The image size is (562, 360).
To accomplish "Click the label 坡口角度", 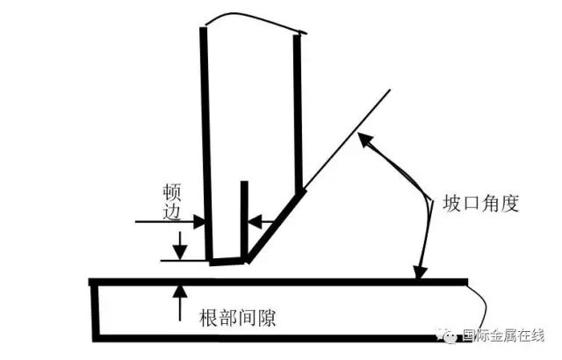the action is point(481,204).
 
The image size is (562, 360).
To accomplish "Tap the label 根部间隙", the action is point(237,317).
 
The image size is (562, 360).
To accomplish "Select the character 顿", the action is point(172,192).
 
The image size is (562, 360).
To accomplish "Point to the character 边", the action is point(172,211).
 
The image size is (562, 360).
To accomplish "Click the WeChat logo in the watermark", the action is point(447,335).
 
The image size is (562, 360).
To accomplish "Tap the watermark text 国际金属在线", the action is point(503,335).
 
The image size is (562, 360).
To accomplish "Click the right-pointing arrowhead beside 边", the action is point(199,222).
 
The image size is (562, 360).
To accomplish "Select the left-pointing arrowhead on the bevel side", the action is point(255,222).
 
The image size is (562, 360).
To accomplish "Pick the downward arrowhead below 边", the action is point(180,253).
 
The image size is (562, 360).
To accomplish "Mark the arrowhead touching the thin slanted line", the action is point(365,140).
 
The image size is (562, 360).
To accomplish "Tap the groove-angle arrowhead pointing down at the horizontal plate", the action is point(420,272).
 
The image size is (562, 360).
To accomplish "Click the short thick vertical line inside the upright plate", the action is point(244,221).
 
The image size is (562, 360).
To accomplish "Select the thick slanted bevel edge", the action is point(277,227).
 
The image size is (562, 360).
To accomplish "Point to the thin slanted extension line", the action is point(348,139).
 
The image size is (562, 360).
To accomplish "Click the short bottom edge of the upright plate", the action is point(227,261).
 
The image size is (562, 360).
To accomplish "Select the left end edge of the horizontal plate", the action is point(95,310).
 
